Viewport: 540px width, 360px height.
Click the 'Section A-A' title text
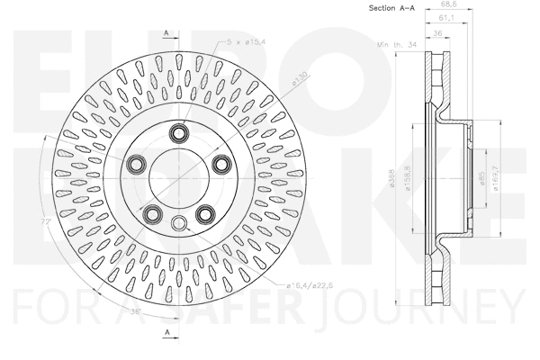391,8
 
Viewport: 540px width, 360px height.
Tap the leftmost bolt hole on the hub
137,163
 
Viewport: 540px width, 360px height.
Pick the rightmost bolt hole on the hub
219,163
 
